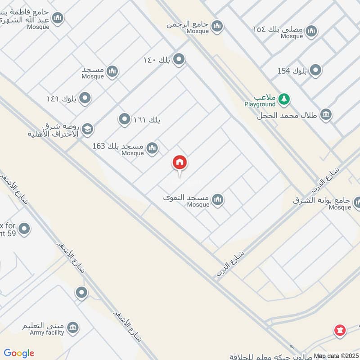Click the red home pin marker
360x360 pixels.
(x=180, y=162)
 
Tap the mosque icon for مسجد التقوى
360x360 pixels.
(x=218, y=199)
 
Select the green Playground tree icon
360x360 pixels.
(x=283, y=99)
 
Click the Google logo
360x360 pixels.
(x=19, y=353)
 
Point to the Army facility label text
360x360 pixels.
(x=47, y=333)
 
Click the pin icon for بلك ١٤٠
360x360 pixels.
(x=179, y=59)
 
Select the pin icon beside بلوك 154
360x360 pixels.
(x=316, y=70)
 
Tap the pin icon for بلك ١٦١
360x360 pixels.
(x=124, y=119)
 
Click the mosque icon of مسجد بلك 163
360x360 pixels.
(x=153, y=147)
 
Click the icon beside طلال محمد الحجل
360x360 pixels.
(x=326, y=114)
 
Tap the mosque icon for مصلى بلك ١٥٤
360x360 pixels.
(x=311, y=31)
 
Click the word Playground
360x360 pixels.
(x=260, y=104)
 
